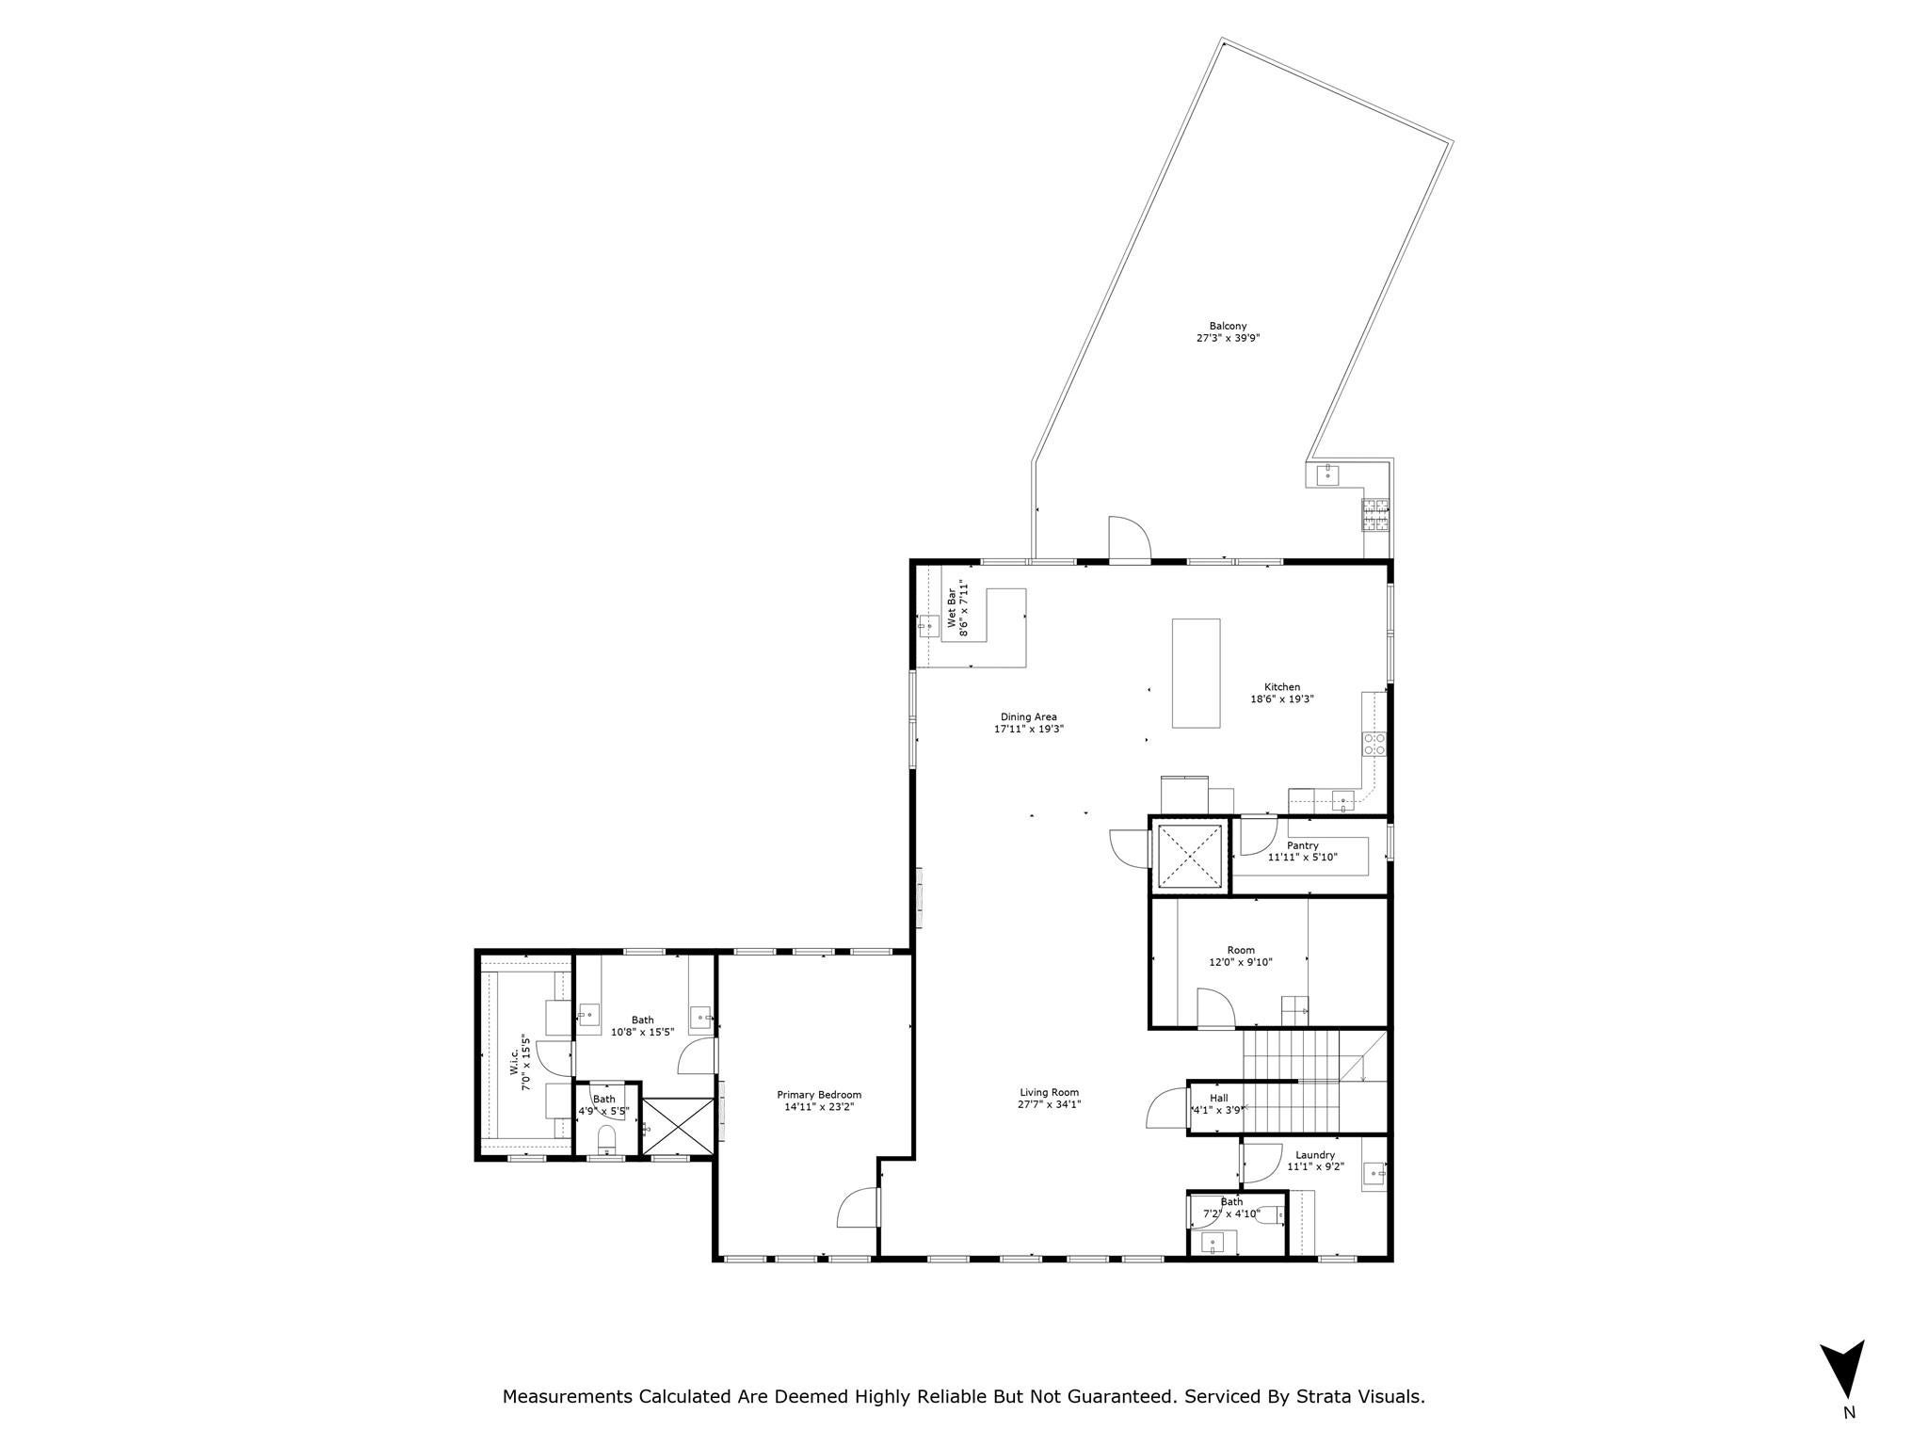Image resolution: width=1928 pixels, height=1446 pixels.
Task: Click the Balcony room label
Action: pyautogui.click(x=1228, y=326)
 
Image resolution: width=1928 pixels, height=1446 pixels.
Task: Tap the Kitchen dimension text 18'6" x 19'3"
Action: pyautogui.click(x=1281, y=699)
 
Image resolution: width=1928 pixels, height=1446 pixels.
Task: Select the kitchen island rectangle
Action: pyautogui.click(x=1196, y=672)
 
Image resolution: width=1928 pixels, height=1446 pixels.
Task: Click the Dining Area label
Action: pyautogui.click(x=1028, y=716)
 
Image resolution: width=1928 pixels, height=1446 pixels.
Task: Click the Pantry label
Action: pyautogui.click(x=1302, y=845)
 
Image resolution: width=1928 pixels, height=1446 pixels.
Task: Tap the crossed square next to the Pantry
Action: pyautogui.click(x=1189, y=856)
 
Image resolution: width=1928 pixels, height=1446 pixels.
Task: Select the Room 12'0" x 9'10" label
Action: pyautogui.click(x=1241, y=950)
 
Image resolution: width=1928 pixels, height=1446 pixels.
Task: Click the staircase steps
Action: pyautogui.click(x=1290, y=1083)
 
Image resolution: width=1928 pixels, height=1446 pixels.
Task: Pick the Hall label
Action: pyautogui.click(x=1218, y=1098)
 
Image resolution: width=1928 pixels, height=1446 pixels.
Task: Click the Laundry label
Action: pyautogui.click(x=1314, y=1155)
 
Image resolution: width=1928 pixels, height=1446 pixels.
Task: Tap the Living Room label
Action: pyautogui.click(x=1049, y=1092)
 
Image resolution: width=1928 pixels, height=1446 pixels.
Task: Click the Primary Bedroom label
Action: pyautogui.click(x=818, y=1094)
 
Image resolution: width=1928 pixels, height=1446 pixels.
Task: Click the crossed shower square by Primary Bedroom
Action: pyautogui.click(x=678, y=1125)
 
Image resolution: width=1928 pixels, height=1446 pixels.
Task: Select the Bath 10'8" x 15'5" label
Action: pyautogui.click(x=642, y=1020)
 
